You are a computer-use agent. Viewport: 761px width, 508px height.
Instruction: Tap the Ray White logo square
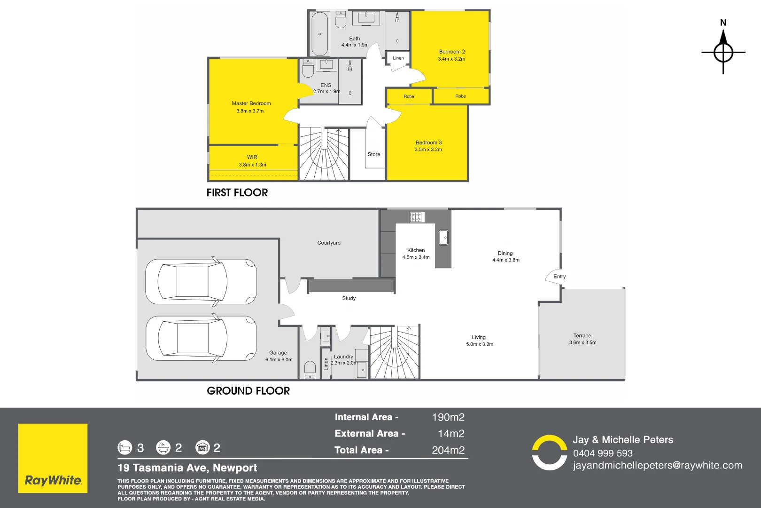(53, 458)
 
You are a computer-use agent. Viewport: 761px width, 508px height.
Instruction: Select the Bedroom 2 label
(452, 52)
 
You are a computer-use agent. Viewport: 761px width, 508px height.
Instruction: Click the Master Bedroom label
(251, 103)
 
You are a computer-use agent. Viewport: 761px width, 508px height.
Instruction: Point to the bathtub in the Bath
(319, 34)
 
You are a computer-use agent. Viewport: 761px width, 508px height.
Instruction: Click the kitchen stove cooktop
(415, 217)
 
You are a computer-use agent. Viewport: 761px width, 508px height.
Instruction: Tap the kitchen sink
(443, 238)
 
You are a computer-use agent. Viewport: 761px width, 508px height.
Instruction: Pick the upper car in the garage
(201, 282)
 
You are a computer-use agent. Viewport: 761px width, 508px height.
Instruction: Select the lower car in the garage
(201, 339)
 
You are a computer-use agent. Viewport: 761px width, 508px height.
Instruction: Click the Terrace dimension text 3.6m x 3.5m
(582, 342)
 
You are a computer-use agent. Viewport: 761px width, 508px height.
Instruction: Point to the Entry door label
(559, 276)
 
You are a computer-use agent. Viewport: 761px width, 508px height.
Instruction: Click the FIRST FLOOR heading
(237, 192)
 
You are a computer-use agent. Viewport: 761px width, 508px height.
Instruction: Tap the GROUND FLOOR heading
(248, 391)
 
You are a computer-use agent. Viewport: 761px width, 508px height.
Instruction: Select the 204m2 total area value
(448, 450)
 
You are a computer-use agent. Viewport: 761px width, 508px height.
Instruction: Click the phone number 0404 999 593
(603, 453)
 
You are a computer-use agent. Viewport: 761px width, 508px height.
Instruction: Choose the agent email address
(657, 466)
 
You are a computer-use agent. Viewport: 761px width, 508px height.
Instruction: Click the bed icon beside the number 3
(124, 448)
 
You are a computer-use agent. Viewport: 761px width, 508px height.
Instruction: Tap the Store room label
(374, 154)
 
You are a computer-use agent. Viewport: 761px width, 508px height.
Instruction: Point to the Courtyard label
(329, 243)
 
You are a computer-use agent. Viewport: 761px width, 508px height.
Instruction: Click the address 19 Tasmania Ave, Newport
(187, 468)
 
